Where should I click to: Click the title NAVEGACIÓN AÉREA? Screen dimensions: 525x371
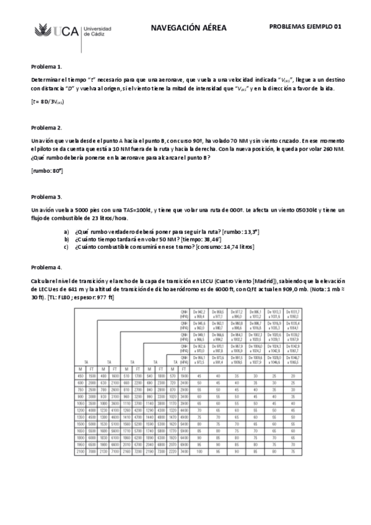pos(189,28)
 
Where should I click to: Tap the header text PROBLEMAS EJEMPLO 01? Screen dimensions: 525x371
pos(305,27)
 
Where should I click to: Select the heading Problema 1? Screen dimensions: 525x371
pos(47,66)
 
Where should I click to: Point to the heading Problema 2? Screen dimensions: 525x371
pos(47,128)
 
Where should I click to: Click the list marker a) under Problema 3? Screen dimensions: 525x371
pos(66,231)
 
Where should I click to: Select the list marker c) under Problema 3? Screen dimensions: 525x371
pos(66,247)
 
